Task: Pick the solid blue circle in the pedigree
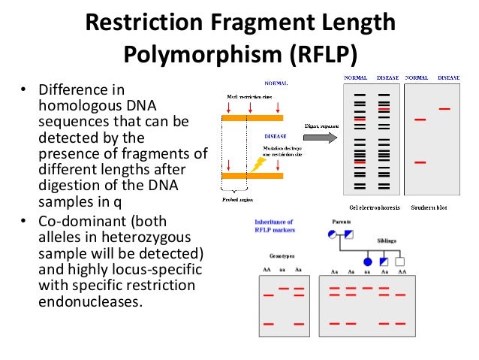point(368,262)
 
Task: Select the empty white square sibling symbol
point(399,262)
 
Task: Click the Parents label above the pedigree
point(345,222)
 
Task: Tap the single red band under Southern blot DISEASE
point(445,109)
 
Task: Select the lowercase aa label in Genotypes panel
point(283,270)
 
